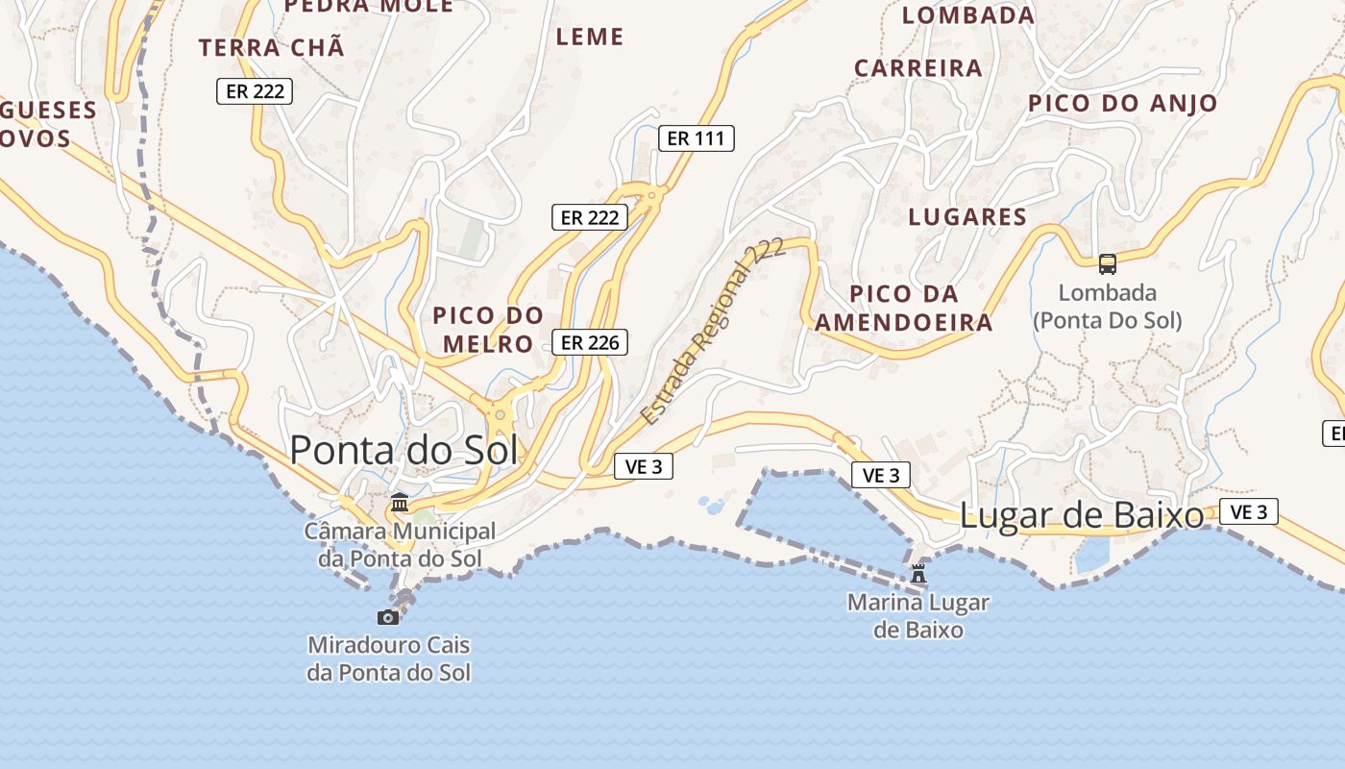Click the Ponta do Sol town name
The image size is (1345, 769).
pos(403,450)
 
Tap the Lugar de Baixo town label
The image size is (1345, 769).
pos(1082,516)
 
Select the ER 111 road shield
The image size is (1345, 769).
pos(697,138)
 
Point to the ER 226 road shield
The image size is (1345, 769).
pos(590,342)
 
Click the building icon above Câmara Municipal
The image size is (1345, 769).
pos(400,503)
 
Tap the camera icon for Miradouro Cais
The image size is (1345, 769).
pos(388,617)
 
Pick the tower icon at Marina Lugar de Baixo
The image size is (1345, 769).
pos(918,574)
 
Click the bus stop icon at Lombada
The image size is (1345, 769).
pos(1108,263)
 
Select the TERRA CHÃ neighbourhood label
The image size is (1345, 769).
pos(271,48)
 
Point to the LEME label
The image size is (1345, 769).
pos(590,37)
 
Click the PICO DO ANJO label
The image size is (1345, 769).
pos(1123,103)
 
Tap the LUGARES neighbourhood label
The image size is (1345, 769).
pos(967,217)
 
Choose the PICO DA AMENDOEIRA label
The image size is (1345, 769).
pos(904,308)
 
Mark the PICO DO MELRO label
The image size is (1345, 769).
pos(488,329)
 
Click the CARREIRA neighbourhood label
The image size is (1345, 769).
pos(918,68)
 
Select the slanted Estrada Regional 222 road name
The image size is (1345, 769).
pos(713,331)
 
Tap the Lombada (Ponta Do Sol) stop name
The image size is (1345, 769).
pos(1108,306)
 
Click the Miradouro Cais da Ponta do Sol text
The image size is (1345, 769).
pos(389,658)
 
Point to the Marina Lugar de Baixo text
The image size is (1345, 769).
pos(918,616)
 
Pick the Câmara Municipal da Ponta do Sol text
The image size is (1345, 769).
pos(400,544)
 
